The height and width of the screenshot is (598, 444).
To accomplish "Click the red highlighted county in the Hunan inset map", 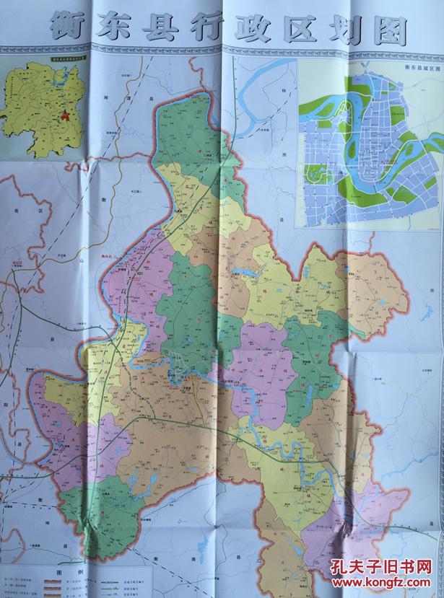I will click(64, 113).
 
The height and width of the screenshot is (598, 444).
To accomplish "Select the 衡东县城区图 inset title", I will click(424, 67).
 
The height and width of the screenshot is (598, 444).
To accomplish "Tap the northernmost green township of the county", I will click(188, 130).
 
